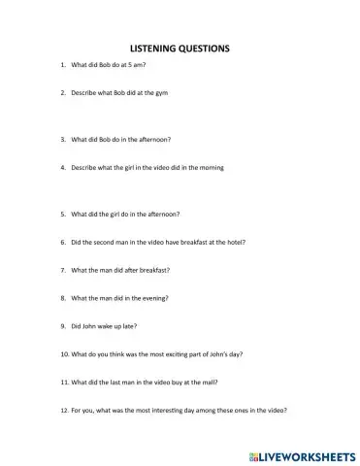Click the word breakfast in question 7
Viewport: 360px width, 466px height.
155,269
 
